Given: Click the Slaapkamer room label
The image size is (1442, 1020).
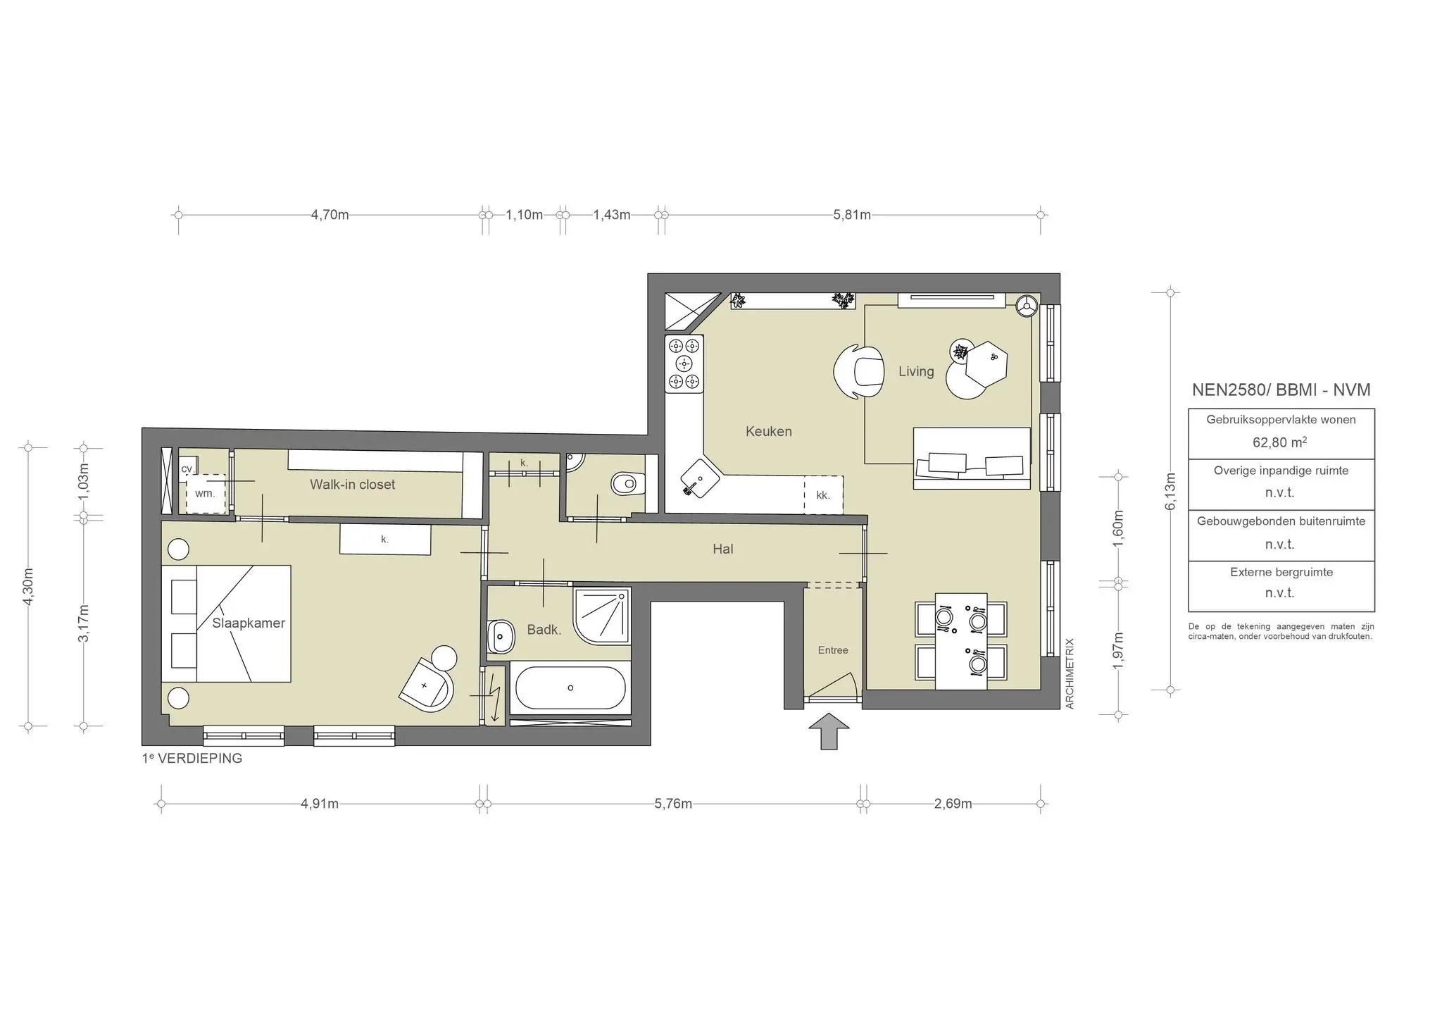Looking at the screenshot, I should point(249,623).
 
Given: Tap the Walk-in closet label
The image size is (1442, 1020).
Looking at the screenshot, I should point(352,485).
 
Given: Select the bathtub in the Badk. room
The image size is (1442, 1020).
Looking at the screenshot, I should point(570,688).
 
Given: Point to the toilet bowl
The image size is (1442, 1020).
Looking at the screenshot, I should point(625,484).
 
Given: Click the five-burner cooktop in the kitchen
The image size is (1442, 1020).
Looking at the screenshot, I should point(684,363).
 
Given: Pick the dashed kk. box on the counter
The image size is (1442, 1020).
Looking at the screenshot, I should point(823,495).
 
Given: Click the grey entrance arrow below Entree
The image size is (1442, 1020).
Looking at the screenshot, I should point(829,731).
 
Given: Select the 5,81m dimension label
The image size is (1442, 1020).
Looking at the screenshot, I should point(852,215).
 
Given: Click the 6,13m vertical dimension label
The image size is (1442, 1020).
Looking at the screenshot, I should point(1170,491).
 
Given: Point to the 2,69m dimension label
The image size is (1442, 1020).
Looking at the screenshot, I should point(953,804).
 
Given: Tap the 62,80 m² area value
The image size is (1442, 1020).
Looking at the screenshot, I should point(1279,442).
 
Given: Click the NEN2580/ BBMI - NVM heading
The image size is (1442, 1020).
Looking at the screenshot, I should point(1281,390).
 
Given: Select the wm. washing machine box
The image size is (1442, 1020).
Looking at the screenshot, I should point(205,493).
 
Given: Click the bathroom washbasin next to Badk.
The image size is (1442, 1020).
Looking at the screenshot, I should point(501,636).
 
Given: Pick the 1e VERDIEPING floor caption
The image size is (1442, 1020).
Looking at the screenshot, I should point(192,759).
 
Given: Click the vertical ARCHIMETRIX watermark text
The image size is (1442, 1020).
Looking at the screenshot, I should point(1070,673).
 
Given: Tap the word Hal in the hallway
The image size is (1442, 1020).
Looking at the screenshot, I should point(722,549).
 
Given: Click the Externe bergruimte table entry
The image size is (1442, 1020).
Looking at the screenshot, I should point(1281,572).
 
